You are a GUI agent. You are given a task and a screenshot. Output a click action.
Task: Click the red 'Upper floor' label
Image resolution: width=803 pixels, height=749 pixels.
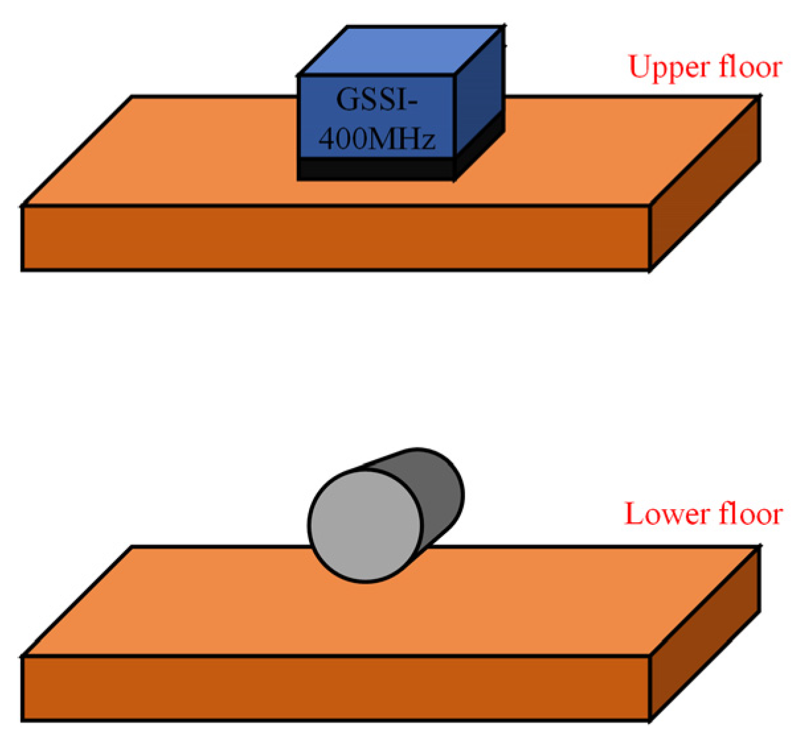pyautogui.click(x=704, y=67)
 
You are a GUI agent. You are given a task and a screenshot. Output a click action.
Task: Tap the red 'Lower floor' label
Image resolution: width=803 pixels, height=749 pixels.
pyautogui.click(x=703, y=514)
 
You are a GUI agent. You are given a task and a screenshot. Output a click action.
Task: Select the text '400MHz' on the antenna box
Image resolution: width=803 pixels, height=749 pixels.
pyautogui.click(x=376, y=139)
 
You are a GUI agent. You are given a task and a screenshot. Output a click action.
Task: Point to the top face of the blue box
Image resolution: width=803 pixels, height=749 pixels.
pyautogui.click(x=400, y=52)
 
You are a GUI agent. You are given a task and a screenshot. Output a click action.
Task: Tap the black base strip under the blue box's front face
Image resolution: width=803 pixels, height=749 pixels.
pyautogui.click(x=375, y=169)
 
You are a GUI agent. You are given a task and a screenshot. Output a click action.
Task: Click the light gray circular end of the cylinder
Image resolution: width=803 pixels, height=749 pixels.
pyautogui.click(x=364, y=526)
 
